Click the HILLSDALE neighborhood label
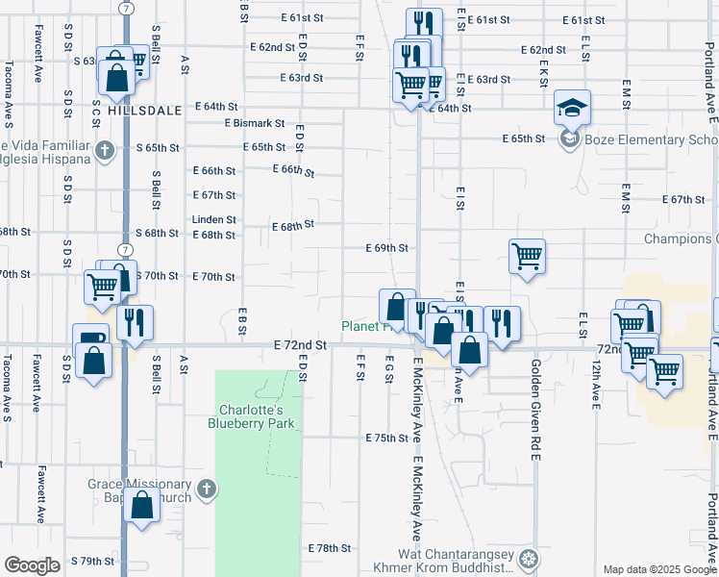click(145, 111)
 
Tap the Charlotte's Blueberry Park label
click(256, 413)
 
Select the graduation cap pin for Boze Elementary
click(572, 112)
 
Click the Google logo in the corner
click(33, 565)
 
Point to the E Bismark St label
click(255, 123)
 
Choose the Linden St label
click(213, 219)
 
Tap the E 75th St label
click(387, 438)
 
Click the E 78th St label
click(330, 548)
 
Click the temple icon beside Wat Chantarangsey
click(528, 559)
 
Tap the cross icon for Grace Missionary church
click(205, 491)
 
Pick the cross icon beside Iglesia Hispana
click(105, 151)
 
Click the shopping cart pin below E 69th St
click(527, 257)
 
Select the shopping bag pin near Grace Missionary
click(142, 506)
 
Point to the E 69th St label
click(387, 248)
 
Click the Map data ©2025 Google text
click(659, 569)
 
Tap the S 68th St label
click(157, 234)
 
